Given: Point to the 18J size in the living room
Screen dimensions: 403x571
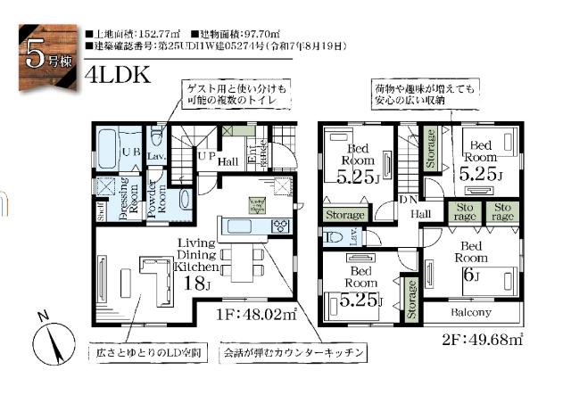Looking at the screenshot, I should (195, 284).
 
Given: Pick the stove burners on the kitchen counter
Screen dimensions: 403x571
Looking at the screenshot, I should (279, 225).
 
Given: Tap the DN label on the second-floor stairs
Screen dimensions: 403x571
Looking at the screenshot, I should (409, 198).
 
